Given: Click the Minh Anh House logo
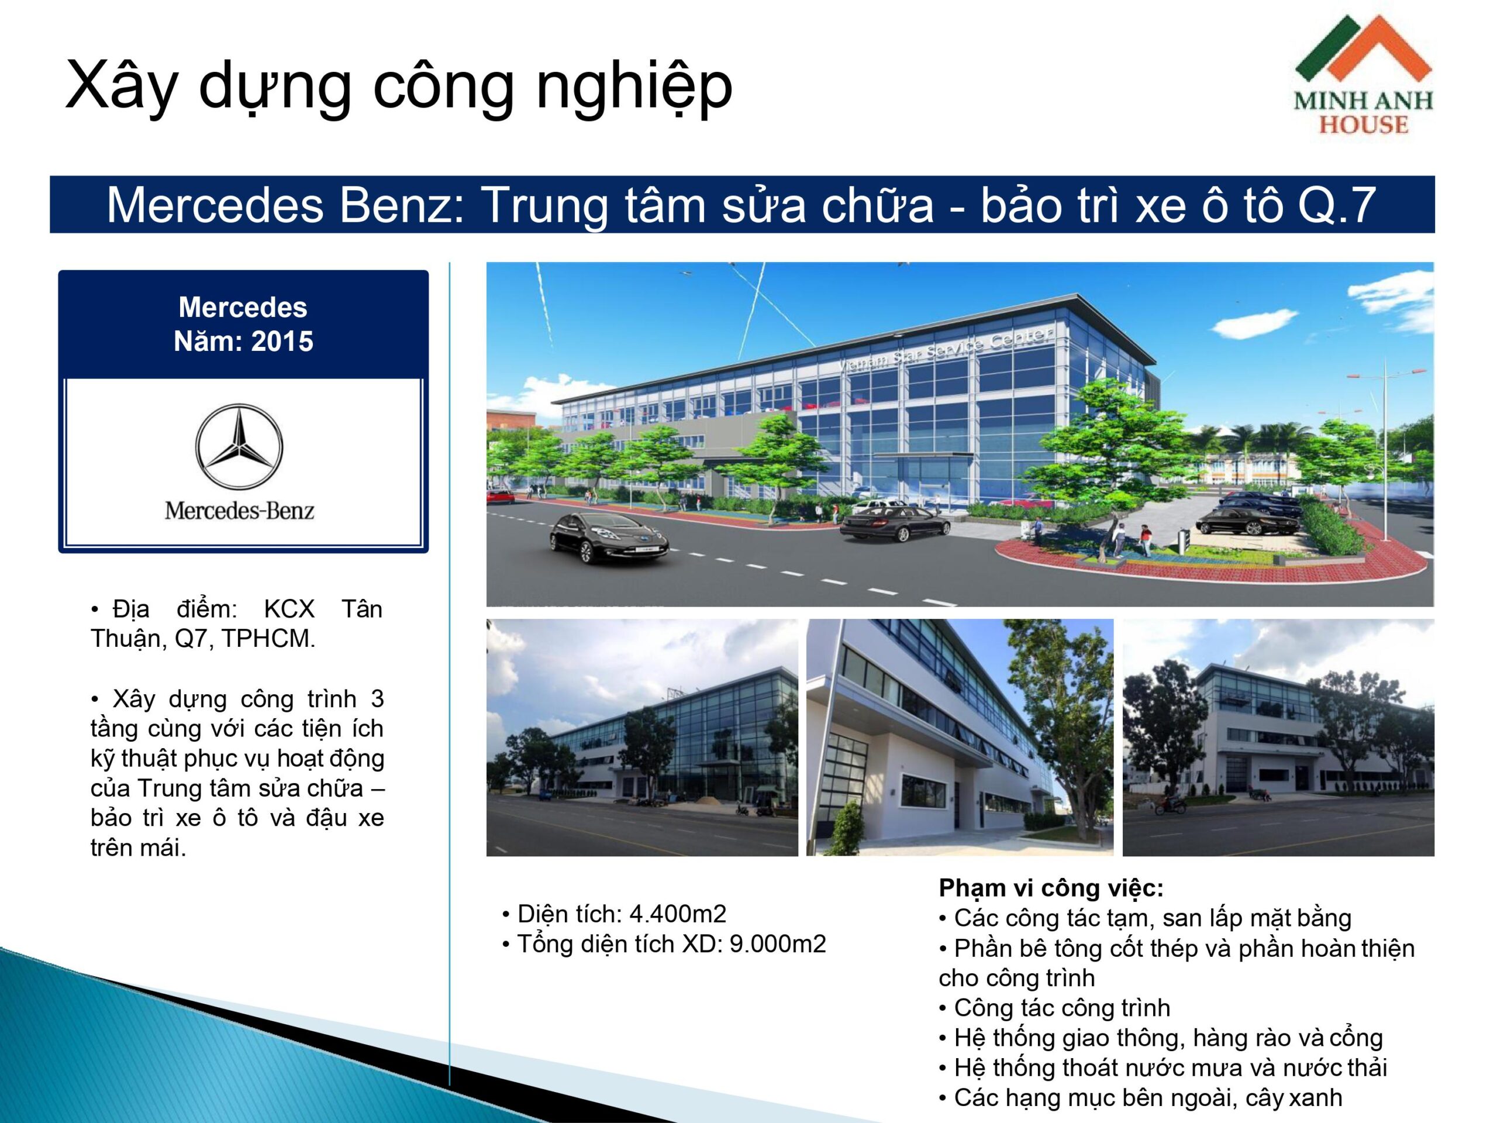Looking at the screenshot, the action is click(1363, 74).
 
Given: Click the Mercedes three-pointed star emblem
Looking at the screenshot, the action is click(239, 446).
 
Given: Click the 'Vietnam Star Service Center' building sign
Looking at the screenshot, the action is click(946, 350).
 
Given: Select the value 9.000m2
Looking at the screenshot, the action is click(778, 943).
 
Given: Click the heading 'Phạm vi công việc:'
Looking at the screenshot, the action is click(1051, 887).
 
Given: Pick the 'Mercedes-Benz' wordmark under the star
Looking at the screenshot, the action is click(239, 511).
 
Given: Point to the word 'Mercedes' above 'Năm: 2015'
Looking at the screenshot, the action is click(243, 307).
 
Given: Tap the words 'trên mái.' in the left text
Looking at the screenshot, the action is click(138, 847).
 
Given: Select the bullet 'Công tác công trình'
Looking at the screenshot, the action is click(1054, 1007).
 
